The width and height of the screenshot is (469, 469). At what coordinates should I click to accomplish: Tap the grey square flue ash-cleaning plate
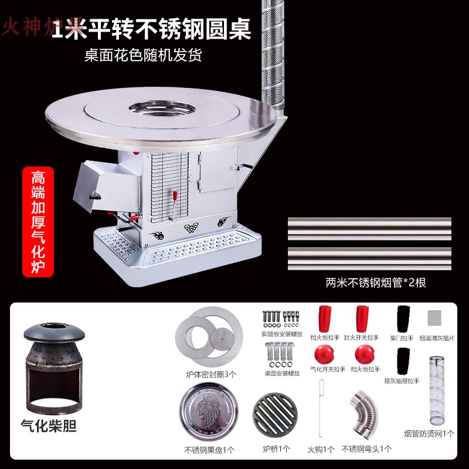click(x=435, y=318)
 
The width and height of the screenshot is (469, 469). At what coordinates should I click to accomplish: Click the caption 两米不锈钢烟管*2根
click(x=376, y=283)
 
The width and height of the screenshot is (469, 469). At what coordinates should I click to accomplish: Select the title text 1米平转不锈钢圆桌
click(x=151, y=28)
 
